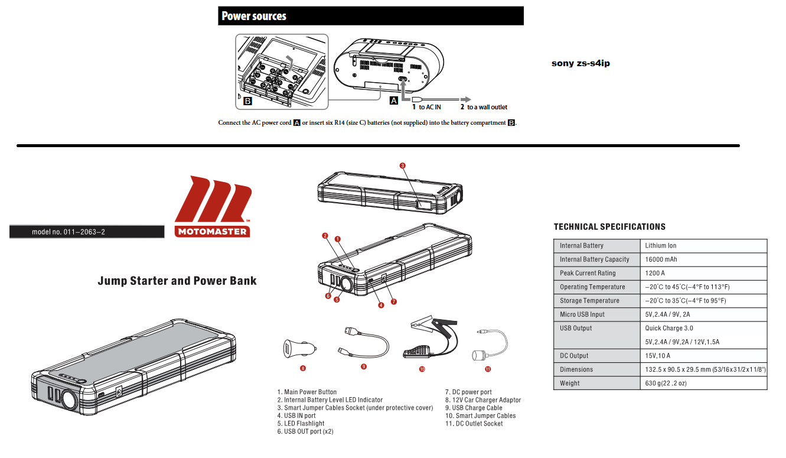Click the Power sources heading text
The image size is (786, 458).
(254, 16)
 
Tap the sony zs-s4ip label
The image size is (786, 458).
(580, 63)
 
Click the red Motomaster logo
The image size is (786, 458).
(213, 206)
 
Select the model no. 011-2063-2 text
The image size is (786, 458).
(69, 232)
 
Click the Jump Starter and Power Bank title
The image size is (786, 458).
(177, 281)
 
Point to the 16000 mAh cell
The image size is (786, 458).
(661, 259)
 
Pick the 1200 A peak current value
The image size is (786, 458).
(655, 273)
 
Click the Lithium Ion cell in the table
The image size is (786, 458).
(660, 245)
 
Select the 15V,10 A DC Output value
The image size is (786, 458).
(658, 355)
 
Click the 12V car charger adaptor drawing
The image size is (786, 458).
(299, 349)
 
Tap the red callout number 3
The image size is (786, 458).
(403, 165)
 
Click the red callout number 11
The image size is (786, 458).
(488, 369)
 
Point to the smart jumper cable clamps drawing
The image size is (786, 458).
(430, 337)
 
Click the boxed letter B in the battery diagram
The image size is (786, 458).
(248, 101)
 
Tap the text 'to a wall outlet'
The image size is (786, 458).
(487, 107)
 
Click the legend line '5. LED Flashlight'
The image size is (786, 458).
(301, 424)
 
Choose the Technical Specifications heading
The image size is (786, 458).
(609, 227)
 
